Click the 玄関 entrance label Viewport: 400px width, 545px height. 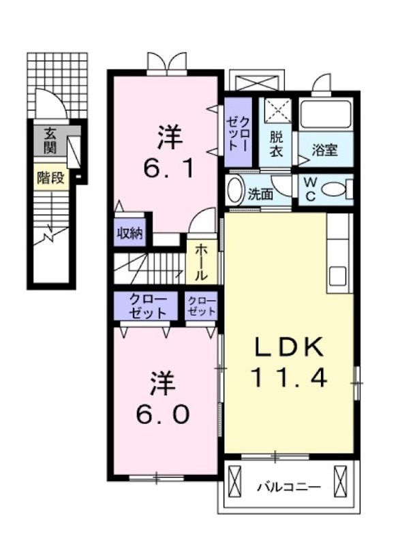tap(51, 139)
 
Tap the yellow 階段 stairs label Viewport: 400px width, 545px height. tap(51, 178)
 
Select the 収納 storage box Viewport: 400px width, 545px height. tap(129, 233)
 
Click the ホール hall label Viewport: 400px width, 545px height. tap(202, 263)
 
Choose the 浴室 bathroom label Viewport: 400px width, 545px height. tap(325, 151)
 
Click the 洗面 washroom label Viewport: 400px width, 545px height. tap(260, 193)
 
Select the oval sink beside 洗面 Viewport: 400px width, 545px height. tap(234, 190)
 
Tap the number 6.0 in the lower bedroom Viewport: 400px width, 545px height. tap(161, 414)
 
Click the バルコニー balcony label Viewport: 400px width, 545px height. tap(288, 487)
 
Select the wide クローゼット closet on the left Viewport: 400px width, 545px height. tap(147, 307)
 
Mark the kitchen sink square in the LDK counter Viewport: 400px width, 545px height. tap(339, 276)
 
